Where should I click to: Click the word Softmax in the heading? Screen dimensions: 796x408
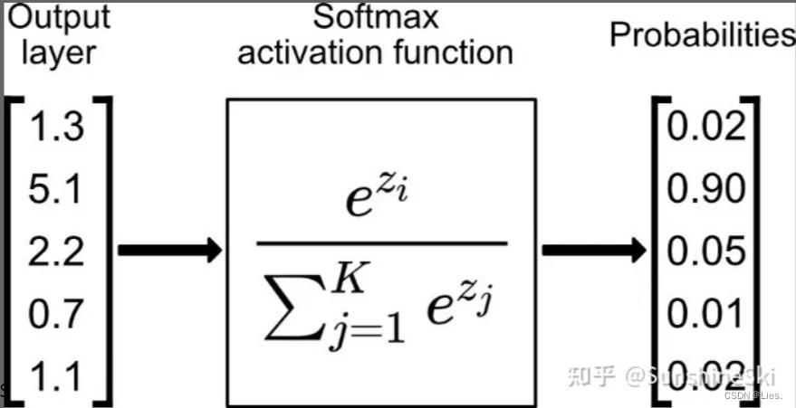pos(375,16)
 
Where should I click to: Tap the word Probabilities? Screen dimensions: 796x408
pos(702,34)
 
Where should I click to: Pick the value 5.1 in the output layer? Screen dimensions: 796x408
pos(57,189)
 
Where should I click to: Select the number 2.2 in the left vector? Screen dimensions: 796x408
pos(57,250)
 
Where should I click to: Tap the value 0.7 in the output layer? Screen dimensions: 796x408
pos(57,313)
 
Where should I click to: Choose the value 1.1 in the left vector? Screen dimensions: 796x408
pos(57,374)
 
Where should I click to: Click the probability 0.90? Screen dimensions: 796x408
pos(706,189)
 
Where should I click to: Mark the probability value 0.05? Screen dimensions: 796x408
pos(706,251)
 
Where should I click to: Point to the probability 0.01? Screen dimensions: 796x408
pos(706,313)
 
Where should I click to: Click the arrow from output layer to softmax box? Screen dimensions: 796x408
pos(169,251)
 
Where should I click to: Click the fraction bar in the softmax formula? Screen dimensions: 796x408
pos(381,242)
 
